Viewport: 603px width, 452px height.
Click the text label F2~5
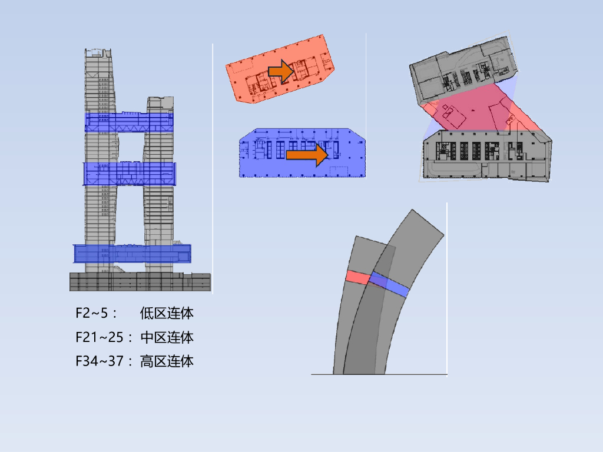(x=91, y=313)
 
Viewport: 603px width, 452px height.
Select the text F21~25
(x=99, y=337)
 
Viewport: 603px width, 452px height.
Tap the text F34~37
(x=99, y=361)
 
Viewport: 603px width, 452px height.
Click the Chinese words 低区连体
(x=167, y=313)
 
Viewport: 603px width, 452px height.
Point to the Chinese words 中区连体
(x=167, y=337)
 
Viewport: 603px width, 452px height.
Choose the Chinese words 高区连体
(x=167, y=361)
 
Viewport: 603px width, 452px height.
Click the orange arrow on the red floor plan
(x=281, y=71)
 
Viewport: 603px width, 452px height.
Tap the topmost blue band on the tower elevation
(x=129, y=122)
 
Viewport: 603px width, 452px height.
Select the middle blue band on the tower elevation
(x=129, y=174)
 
